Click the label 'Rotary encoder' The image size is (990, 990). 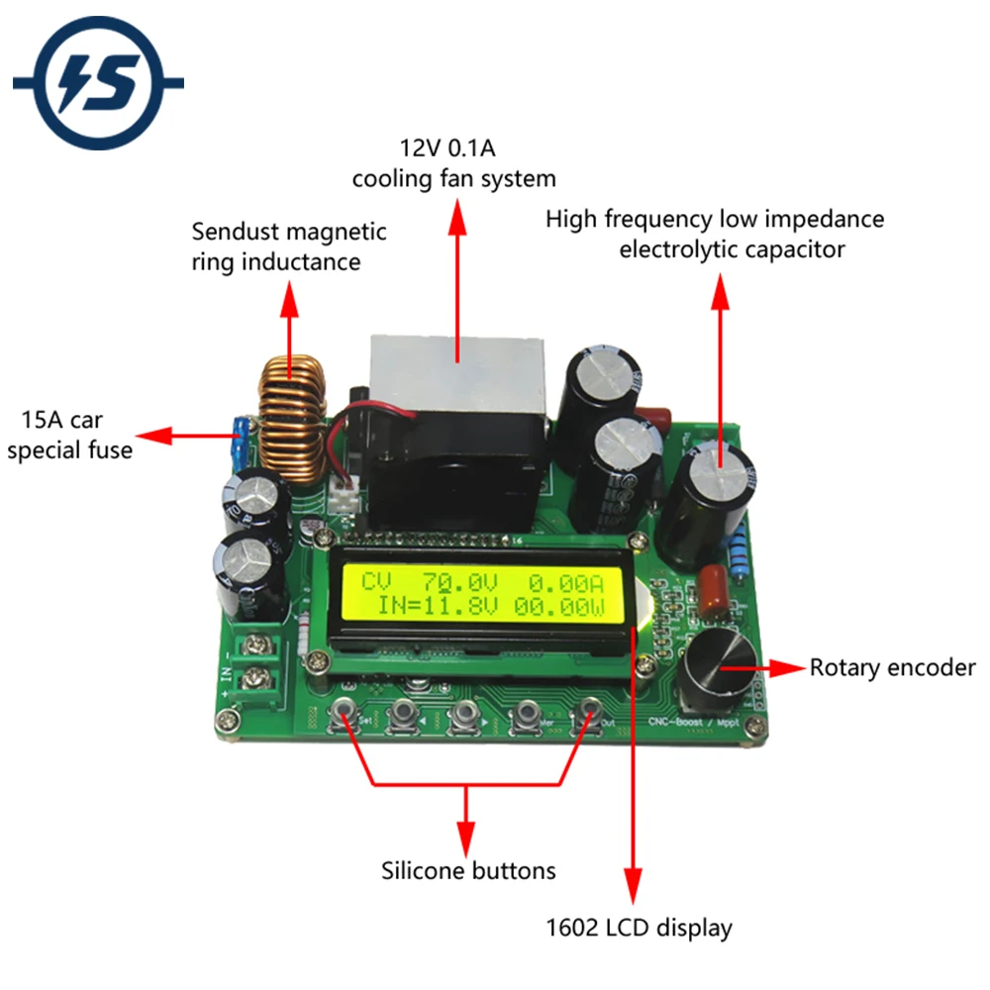pos(892,668)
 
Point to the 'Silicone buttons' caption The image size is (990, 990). pos(468,871)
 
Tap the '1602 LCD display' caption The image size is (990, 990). pos(639,929)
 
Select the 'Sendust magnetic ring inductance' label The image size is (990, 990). pos(289,247)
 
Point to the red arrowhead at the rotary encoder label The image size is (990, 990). pos(792,669)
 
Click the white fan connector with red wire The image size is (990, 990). pos(347,496)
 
